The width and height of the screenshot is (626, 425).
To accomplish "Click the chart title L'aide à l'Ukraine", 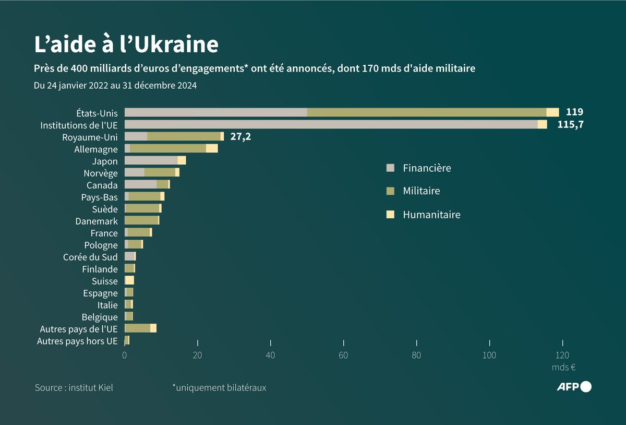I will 126,45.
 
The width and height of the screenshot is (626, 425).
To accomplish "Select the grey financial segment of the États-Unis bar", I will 215,112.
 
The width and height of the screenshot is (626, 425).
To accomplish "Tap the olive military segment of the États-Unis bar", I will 426,112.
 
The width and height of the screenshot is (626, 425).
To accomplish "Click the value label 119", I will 574,112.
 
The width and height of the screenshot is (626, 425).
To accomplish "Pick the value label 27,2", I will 240,137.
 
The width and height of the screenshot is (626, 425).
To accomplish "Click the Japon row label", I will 105,161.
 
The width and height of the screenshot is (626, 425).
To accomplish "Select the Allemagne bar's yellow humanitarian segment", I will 212,149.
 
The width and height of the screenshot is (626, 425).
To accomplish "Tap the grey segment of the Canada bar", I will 140,184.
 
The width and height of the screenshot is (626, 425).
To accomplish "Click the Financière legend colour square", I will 390,168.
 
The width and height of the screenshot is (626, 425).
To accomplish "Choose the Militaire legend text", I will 421,191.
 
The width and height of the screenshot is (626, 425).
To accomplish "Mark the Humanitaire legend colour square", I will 390,215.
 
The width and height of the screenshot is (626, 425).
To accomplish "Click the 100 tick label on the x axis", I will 489,356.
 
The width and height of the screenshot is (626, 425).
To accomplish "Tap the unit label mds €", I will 563,368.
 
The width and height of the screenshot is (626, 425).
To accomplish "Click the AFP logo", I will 574,387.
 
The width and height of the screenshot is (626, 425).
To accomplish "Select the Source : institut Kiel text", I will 74,388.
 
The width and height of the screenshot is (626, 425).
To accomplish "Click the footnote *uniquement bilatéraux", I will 219,388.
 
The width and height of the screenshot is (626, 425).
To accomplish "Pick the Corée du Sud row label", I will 90,257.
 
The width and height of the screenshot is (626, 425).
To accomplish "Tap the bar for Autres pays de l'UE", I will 140,328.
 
